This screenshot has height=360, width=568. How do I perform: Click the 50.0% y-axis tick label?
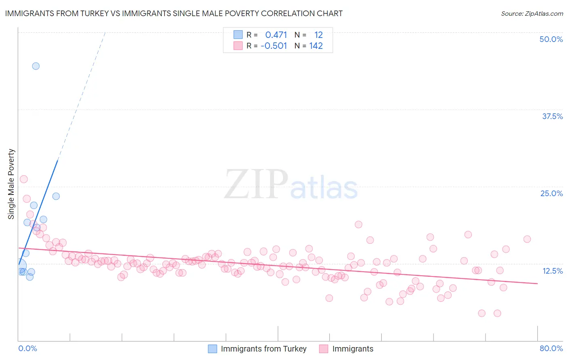tap(551, 40)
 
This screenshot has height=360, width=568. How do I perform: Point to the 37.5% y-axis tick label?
tap(552, 117)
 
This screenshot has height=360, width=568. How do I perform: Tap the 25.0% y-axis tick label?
tap(551, 194)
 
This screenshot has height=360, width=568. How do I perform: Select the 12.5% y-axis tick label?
tap(552, 271)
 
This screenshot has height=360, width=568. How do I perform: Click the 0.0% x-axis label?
tap(27, 349)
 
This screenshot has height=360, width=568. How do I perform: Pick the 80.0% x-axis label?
tap(551, 349)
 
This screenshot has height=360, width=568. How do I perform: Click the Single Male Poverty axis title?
tap(11, 184)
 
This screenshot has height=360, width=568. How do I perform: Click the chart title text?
tap(174, 13)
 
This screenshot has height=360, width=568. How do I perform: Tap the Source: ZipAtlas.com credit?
tap(532, 14)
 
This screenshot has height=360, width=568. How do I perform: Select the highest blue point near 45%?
tap(36, 66)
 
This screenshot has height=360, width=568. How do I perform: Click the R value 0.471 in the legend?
tap(276, 35)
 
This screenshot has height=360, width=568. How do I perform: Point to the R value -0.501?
tap(274, 46)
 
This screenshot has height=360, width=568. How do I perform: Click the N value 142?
tap(316, 46)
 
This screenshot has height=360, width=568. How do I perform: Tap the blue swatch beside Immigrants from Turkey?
tap(212, 349)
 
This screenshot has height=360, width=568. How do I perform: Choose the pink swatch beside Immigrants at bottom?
tap(324, 349)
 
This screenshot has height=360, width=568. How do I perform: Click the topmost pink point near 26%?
tap(24, 179)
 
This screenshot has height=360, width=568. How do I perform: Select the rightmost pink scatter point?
tap(527, 239)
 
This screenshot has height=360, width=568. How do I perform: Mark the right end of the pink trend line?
tap(537, 284)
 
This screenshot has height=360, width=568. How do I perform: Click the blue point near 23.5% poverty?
tap(56, 196)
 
